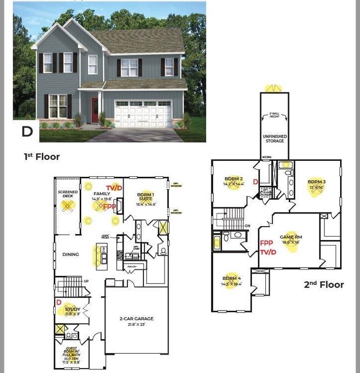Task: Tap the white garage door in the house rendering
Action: click(143, 115)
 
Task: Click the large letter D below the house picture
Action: click(27, 131)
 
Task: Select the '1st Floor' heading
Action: click(42, 157)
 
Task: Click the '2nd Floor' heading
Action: click(323, 285)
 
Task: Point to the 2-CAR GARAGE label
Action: click(136, 319)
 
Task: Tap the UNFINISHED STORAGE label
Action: click(274, 138)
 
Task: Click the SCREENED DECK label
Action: click(68, 196)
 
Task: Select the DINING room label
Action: click(70, 254)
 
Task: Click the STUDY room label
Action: click(73, 309)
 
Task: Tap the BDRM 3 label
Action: click(316, 182)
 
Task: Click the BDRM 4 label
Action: click(232, 278)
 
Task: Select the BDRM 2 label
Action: click(234, 179)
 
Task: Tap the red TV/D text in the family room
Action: click(114, 187)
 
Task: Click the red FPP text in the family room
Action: click(109, 206)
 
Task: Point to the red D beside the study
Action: click(59, 302)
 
